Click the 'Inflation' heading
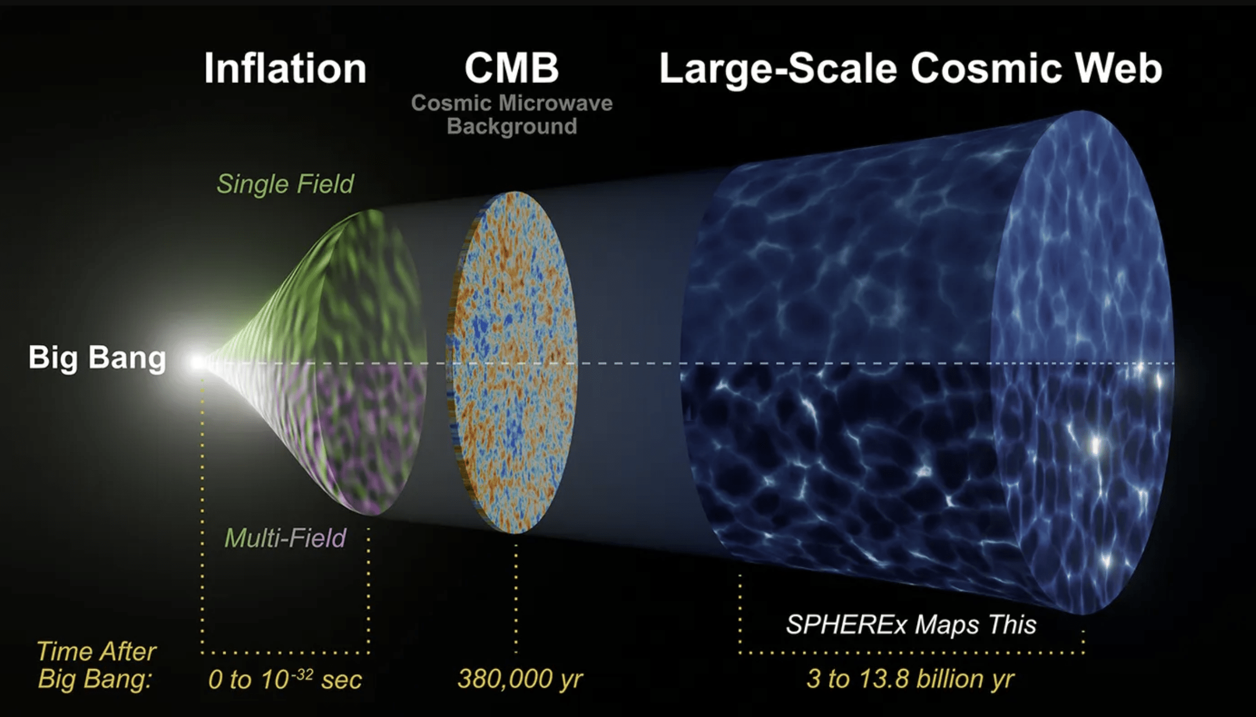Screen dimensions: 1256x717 tap(285, 68)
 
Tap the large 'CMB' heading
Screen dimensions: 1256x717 tap(512, 68)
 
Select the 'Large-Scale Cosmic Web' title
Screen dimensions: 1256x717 tap(911, 69)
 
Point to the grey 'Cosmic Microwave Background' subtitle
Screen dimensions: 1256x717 tap(512, 114)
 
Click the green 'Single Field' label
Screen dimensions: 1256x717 tap(285, 184)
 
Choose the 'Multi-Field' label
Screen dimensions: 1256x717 tap(285, 538)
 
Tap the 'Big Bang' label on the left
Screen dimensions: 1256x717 tap(97, 358)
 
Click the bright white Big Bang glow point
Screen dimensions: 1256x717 tap(197, 362)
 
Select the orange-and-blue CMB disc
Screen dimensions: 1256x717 tap(512, 362)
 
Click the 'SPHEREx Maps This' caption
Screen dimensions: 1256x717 tap(911, 624)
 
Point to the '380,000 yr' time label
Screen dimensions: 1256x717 tap(520, 679)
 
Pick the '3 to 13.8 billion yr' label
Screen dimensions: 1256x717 tap(911, 679)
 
